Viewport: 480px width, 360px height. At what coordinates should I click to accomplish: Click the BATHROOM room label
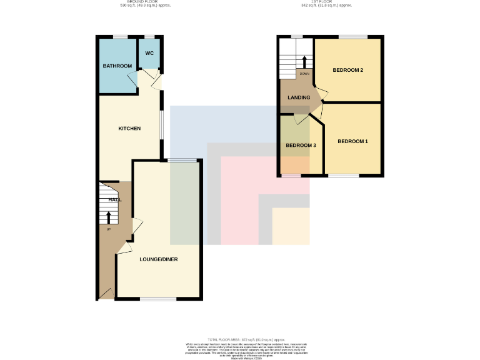click(x=117, y=66)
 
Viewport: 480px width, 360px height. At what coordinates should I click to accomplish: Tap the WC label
click(x=149, y=52)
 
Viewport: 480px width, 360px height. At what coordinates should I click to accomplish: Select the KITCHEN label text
click(x=129, y=129)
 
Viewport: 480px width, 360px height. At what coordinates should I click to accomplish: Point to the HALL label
click(x=115, y=199)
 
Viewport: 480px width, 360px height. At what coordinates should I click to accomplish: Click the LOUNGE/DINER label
click(x=159, y=259)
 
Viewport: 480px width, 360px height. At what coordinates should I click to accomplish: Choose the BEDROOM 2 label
click(x=347, y=70)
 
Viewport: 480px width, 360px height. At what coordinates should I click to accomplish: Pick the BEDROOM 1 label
click(x=352, y=142)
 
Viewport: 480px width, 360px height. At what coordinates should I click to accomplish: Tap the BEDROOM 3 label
click(x=301, y=146)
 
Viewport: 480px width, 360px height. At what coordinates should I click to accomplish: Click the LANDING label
click(x=299, y=97)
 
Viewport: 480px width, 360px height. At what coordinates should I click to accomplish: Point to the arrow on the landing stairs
click(x=304, y=62)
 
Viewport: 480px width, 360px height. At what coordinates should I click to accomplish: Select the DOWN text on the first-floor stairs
click(x=304, y=74)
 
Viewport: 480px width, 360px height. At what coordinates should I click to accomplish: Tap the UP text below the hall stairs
click(x=108, y=229)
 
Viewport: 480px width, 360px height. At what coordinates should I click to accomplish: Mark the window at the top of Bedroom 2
click(x=352, y=37)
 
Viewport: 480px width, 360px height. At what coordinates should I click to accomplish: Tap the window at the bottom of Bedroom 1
click(x=344, y=176)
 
